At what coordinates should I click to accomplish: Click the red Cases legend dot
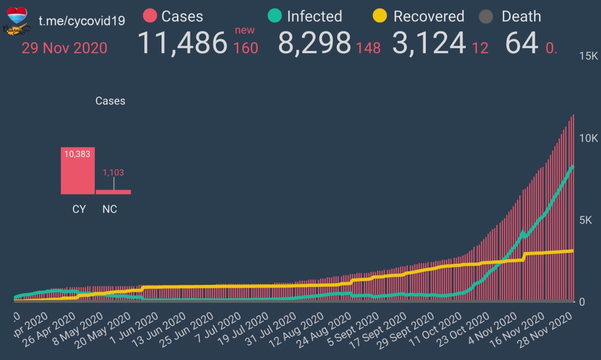(x=149, y=16)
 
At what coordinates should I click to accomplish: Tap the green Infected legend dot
(x=275, y=16)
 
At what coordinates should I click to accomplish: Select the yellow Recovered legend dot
(x=379, y=16)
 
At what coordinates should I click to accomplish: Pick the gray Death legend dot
(x=486, y=17)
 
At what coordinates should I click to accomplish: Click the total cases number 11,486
(x=183, y=43)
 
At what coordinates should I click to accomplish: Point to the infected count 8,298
(x=314, y=43)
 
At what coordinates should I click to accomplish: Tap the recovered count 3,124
(x=429, y=43)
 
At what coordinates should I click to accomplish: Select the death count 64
(x=521, y=43)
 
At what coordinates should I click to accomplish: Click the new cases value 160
(x=246, y=48)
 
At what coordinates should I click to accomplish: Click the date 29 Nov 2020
(x=64, y=48)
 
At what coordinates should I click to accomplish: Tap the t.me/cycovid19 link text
(x=81, y=21)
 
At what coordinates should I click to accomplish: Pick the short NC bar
(x=113, y=191)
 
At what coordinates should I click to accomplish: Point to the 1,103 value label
(x=113, y=172)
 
